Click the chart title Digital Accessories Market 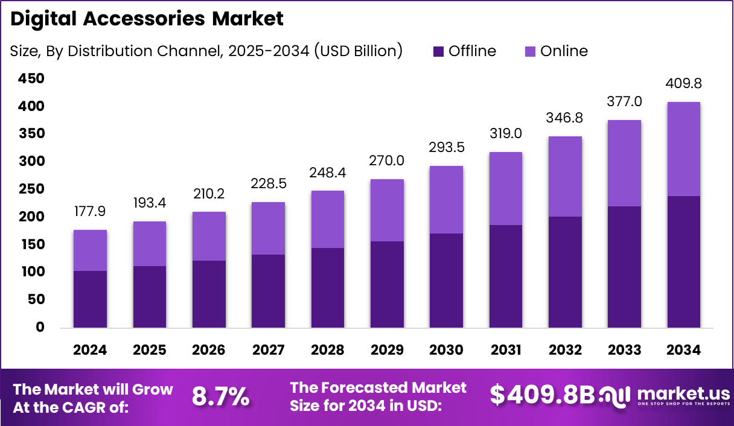click(x=147, y=19)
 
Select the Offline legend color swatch click(x=438, y=51)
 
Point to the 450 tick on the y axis click(x=31, y=78)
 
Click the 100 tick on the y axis click(x=31, y=272)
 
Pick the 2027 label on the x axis click(x=268, y=351)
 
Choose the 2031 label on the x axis click(x=505, y=351)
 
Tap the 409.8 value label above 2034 click(x=683, y=83)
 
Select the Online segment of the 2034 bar click(x=683, y=149)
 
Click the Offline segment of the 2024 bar click(x=90, y=299)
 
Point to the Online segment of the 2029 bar click(x=387, y=210)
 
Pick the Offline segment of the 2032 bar click(x=565, y=272)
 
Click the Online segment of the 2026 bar click(x=209, y=236)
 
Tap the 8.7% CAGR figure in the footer click(x=220, y=396)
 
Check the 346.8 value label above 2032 click(x=565, y=117)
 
